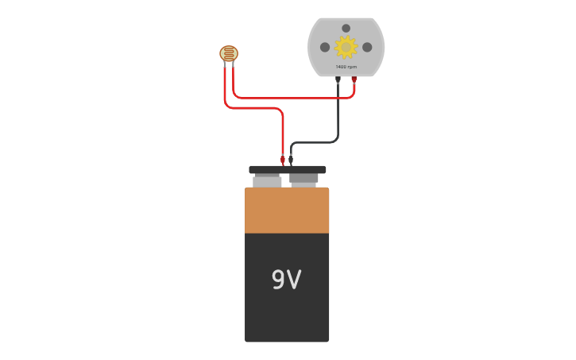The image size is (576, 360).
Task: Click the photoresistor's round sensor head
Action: [x=229, y=53]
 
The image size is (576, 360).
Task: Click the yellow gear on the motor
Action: [x=346, y=47]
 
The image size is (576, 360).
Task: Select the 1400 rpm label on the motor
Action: [x=346, y=67]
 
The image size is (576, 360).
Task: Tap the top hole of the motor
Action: [x=346, y=29]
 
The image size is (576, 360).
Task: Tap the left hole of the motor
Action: [x=325, y=48]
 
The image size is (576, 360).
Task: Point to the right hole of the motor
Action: [x=367, y=48]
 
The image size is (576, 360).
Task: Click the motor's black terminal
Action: [x=338, y=79]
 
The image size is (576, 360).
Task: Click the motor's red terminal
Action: [x=354, y=79]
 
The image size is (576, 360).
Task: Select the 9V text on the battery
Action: [x=287, y=280]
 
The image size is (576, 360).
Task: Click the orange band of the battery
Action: [x=287, y=211]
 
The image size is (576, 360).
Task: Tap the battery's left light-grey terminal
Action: [x=267, y=181]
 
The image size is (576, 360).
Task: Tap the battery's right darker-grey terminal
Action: [x=304, y=179]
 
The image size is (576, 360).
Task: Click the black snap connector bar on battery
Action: [x=287, y=169]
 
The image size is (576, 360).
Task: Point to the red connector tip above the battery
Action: [x=283, y=159]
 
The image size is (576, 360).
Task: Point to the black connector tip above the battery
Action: [x=291, y=159]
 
